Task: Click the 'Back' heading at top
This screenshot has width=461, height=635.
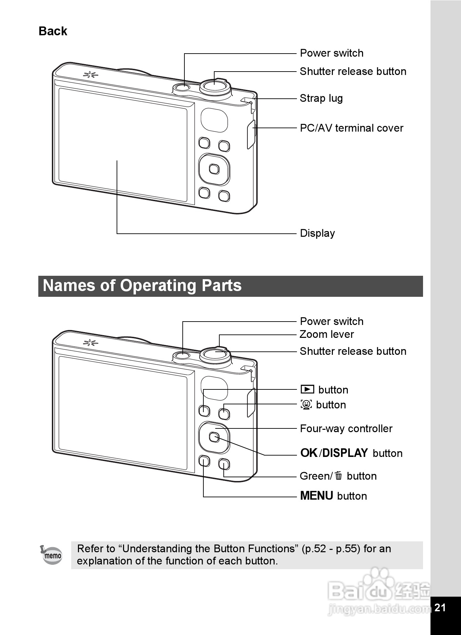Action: [53, 31]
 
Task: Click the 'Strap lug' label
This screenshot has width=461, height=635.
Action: [321, 98]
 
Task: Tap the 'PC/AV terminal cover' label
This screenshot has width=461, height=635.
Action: [351, 128]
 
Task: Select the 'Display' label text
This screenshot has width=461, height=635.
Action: [317, 233]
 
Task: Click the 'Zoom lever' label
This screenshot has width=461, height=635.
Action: [326, 334]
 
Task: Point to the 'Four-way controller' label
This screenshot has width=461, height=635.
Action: [346, 429]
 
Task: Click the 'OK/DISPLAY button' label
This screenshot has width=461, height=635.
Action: [351, 453]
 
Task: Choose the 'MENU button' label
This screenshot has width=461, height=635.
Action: [333, 496]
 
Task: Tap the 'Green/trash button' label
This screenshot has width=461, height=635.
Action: [338, 476]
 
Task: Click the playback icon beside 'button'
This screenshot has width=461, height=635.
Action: [307, 389]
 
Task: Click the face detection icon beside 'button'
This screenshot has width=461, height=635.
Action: [306, 404]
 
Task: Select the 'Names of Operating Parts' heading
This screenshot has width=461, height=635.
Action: [142, 286]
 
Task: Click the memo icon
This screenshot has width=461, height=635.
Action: [52, 555]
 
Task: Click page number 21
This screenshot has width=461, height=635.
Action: [440, 608]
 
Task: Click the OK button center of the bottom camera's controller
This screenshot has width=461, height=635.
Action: [214, 437]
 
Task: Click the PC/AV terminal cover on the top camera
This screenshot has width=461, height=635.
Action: [251, 134]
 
